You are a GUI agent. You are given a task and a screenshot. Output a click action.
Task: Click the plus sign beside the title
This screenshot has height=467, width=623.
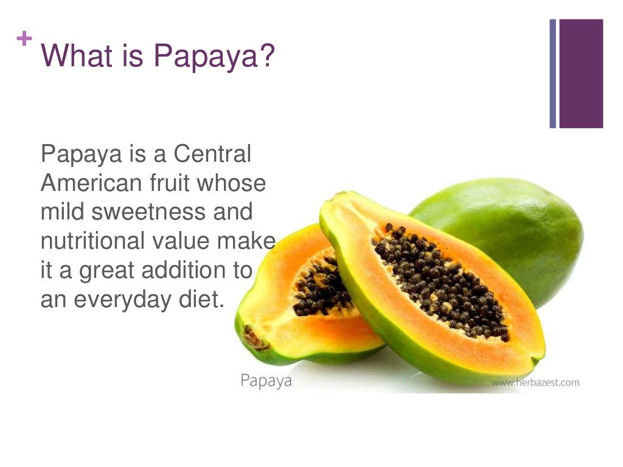(24, 40)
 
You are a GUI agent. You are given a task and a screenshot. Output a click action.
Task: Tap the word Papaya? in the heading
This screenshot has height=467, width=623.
(214, 57)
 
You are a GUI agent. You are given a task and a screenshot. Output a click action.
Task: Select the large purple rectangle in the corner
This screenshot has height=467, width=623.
(580, 74)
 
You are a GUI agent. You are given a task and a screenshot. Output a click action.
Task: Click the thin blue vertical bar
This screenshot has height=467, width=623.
(553, 74)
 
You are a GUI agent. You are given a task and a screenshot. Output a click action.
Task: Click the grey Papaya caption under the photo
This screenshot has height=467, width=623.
(266, 381)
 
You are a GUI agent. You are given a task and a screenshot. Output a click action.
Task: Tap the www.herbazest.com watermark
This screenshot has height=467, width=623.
(535, 382)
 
